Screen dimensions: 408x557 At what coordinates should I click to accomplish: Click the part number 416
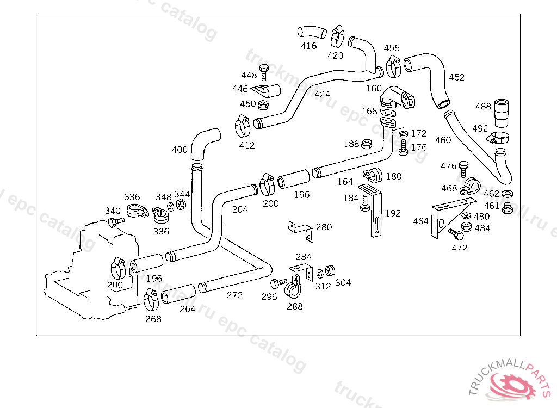click(308, 46)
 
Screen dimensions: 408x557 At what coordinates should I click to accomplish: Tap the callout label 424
click(322, 94)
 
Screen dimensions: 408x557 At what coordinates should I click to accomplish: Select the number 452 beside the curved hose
click(456, 77)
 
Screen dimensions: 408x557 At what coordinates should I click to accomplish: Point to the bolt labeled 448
click(264, 72)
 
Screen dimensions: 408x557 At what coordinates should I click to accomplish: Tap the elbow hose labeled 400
click(206, 143)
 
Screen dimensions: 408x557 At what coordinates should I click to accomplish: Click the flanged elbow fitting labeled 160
click(397, 100)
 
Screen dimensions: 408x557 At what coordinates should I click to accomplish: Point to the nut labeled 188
click(367, 144)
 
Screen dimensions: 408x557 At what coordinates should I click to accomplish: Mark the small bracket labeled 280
click(300, 229)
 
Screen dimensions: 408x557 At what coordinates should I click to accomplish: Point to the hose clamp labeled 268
click(151, 299)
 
